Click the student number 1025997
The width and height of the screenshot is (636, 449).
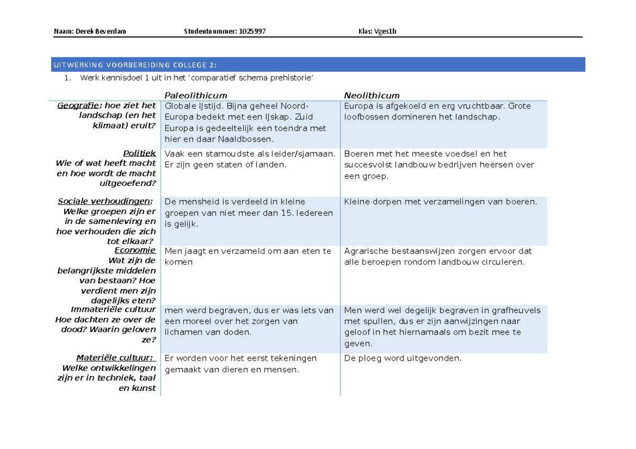(252, 31)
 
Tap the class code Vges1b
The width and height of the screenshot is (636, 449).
(386, 31)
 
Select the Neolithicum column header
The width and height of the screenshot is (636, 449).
(372, 95)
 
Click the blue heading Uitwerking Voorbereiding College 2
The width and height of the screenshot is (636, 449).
(135, 65)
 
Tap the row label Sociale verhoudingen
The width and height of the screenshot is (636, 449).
(104, 201)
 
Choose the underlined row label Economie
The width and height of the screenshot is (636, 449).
(135, 250)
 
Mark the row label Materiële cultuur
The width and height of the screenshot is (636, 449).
(116, 357)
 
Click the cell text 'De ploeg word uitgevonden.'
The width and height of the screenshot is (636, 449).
(403, 358)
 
